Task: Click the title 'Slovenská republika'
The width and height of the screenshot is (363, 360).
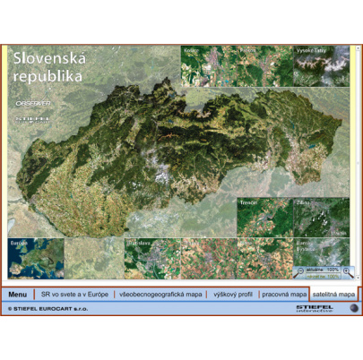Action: pyautogui.click(x=49, y=67)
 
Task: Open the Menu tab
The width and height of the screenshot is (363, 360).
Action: pyautogui.click(x=17, y=295)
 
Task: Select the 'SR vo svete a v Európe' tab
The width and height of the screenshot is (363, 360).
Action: pyautogui.click(x=74, y=295)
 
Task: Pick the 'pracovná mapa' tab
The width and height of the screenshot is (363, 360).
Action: pyautogui.click(x=284, y=295)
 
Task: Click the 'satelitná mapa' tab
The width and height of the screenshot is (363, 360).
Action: pyautogui.click(x=333, y=295)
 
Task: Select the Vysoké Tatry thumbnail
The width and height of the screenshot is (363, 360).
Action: pyautogui.click(x=321, y=65)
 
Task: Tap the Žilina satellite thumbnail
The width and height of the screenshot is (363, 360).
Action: pyautogui.click(x=321, y=216)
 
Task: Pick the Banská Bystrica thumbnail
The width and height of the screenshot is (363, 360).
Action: pyautogui.click(x=321, y=255)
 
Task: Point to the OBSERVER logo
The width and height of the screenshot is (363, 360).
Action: pyautogui.click(x=33, y=104)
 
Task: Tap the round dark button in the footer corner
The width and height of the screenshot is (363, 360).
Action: pyautogui.click(x=354, y=309)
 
